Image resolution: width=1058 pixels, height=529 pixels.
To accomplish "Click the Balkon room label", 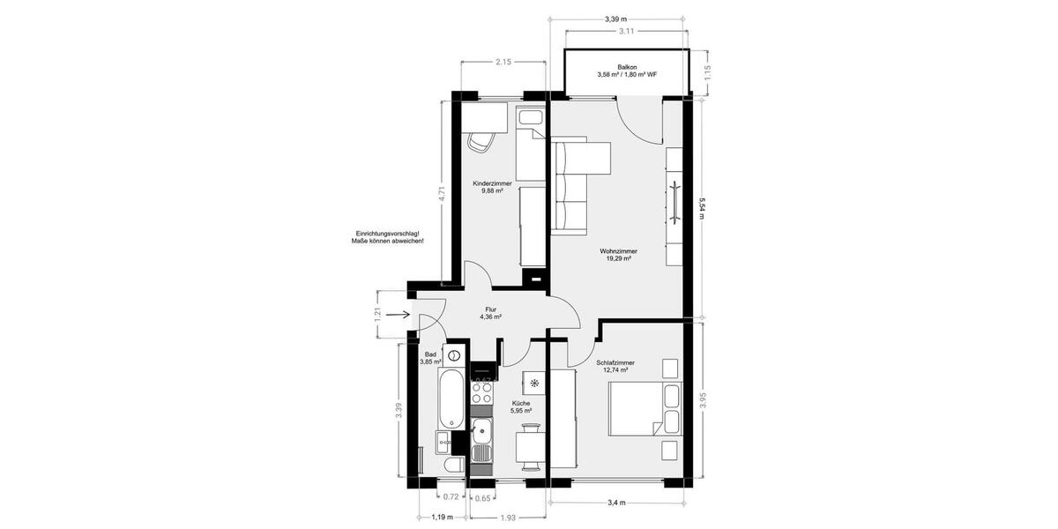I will click(627, 66).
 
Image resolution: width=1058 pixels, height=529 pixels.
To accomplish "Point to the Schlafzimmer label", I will click(615, 362).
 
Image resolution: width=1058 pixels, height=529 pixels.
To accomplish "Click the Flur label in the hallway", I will click(492, 309).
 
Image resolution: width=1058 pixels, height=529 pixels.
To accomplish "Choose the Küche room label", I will click(521, 403).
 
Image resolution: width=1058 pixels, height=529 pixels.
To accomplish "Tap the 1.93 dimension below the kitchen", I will click(508, 518).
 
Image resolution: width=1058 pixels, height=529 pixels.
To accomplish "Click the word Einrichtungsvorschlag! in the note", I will click(382, 234).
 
